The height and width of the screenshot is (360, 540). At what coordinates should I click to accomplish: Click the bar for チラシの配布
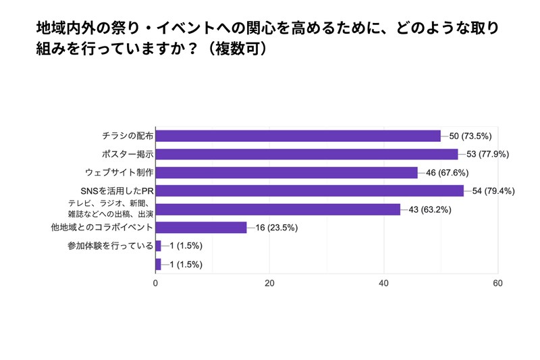pyautogui.click(x=298, y=136)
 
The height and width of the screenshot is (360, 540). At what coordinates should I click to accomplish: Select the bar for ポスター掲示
pyautogui.click(x=306, y=154)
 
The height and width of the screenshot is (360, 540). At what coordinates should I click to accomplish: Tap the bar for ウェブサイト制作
pyautogui.click(x=286, y=172)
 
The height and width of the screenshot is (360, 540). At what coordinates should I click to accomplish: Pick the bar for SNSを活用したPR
pyautogui.click(x=309, y=190)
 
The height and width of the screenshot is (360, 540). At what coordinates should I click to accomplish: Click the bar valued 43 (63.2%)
pyautogui.click(x=277, y=209)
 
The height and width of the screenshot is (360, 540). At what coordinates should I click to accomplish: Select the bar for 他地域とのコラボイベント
pyautogui.click(x=201, y=228)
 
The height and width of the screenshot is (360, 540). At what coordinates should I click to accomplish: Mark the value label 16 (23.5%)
pyautogui.click(x=277, y=228)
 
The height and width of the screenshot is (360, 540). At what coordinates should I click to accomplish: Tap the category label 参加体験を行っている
pyautogui.click(x=111, y=246)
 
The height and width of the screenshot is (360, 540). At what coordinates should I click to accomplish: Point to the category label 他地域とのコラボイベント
pyautogui.click(x=103, y=228)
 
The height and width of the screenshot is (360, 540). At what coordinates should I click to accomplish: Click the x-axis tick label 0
pyautogui.click(x=156, y=284)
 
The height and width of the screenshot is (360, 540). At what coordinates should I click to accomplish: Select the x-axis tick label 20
pyautogui.click(x=270, y=284)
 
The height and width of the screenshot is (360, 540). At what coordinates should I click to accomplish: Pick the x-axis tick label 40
pyautogui.click(x=384, y=284)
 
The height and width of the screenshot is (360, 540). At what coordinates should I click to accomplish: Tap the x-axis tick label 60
pyautogui.click(x=498, y=284)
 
